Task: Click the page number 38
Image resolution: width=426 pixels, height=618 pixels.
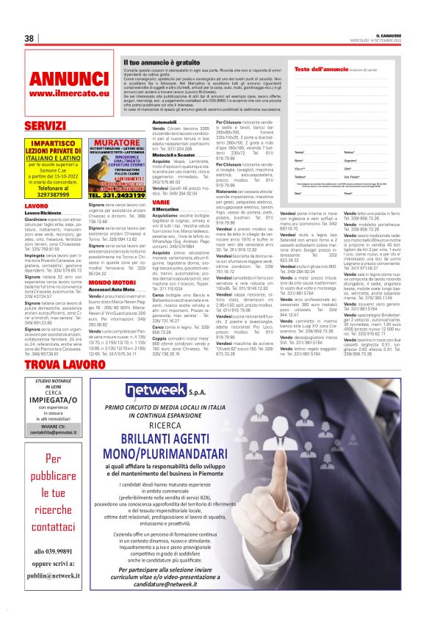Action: pyautogui.click(x=29, y=38)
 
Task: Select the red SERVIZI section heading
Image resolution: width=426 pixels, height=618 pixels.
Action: pyautogui.click(x=45, y=126)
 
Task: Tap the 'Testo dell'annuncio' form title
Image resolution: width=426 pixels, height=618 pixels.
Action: pyautogui.click(x=317, y=69)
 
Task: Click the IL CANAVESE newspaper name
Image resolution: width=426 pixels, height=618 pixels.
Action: pyautogui.click(x=383, y=34)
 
